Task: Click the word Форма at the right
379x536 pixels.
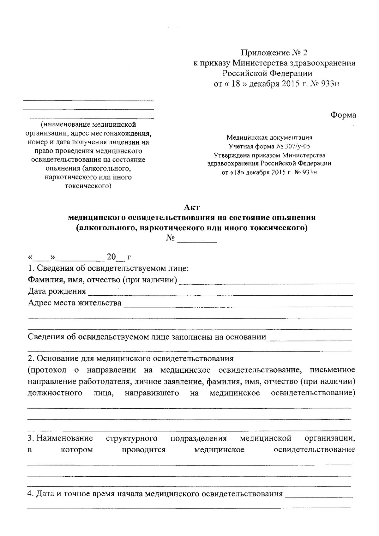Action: (x=343, y=115)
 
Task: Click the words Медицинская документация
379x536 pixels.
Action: (x=269, y=137)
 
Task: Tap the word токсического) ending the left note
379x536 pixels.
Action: (x=88, y=186)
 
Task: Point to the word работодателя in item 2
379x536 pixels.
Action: (x=104, y=382)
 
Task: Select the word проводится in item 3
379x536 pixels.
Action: (x=144, y=449)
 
